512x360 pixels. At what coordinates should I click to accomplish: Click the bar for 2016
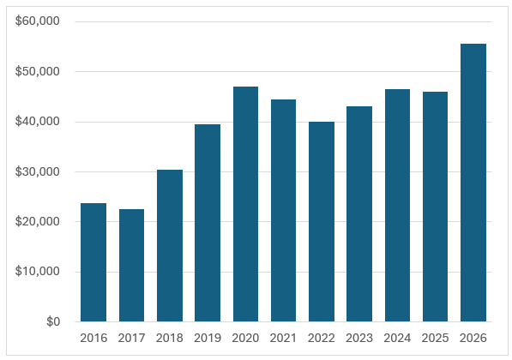coord(93,262)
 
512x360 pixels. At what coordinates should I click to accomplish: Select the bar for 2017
coord(131,266)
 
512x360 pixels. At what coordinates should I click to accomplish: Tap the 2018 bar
coord(170,246)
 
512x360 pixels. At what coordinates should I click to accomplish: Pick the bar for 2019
coord(208,223)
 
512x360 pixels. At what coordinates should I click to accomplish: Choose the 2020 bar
coord(245,204)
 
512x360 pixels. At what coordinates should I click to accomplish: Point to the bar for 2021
coord(283,211)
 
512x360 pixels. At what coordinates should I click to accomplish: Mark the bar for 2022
coord(322,222)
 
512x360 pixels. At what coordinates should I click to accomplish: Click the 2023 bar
coord(359,214)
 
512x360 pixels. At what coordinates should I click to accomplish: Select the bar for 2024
coord(397,206)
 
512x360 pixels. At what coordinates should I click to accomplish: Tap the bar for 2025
coord(436,207)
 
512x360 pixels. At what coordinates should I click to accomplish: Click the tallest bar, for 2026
coord(473,183)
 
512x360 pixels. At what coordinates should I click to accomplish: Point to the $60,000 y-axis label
coord(38,21)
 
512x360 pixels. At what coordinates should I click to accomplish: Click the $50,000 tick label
coord(38,71)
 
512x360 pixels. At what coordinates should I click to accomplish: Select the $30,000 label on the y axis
coord(38,171)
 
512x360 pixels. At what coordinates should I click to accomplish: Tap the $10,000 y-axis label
coord(38,271)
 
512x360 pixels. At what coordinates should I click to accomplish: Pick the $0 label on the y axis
coord(53,321)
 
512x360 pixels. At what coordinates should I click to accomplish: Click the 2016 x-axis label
coord(93,338)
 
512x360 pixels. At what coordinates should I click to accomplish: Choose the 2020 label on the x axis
coord(245,338)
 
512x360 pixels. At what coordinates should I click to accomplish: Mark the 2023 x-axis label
coord(359,338)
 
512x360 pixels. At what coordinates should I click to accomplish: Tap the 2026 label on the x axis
coord(473,338)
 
